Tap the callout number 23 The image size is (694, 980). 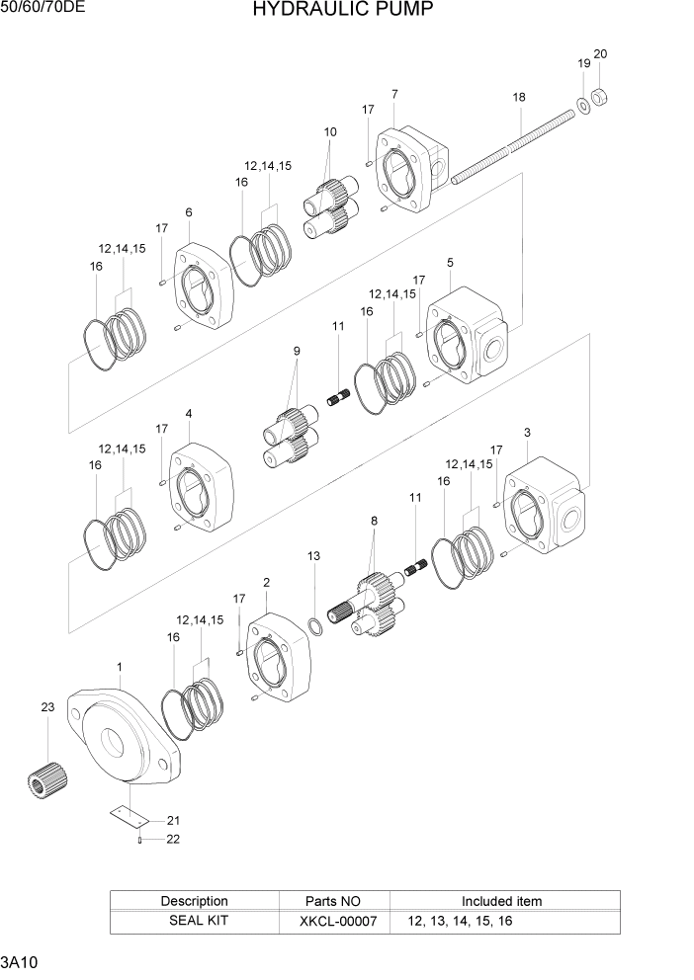47,706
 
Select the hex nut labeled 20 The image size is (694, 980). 598,98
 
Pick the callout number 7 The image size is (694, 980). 394,94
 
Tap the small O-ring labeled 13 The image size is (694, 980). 313,626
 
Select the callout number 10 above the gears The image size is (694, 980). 330,131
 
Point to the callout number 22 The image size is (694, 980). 173,839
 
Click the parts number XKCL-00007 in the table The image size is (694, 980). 335,921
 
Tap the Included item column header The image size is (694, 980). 501,901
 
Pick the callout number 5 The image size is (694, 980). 450,263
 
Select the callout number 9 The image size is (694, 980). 296,351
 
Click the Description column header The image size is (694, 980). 194,901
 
